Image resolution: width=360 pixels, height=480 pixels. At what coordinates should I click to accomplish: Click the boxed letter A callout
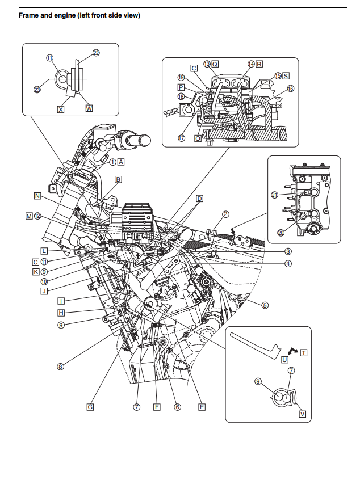pyautogui.click(x=121, y=161)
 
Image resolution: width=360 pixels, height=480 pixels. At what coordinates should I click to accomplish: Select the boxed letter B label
pyautogui.click(x=118, y=180)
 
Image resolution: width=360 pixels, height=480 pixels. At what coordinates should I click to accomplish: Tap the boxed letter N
pyautogui.click(x=37, y=196)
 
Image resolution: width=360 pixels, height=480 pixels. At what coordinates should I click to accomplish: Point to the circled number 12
pyautogui.click(x=37, y=216)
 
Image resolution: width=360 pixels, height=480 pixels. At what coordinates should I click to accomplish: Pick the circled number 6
pyautogui.click(x=177, y=407)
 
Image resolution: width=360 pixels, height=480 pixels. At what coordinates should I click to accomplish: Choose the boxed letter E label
pyautogui.click(x=202, y=407)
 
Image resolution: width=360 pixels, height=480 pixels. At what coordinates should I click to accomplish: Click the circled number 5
pyautogui.click(x=265, y=305)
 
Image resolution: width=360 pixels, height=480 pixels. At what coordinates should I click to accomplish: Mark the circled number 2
pyautogui.click(x=225, y=214)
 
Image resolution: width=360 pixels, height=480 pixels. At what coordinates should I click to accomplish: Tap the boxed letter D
pyautogui.click(x=199, y=199)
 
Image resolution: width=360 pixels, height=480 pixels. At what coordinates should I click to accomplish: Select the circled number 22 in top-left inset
pyautogui.click(x=96, y=53)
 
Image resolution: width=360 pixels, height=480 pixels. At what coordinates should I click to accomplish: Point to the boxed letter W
pyautogui.click(x=89, y=108)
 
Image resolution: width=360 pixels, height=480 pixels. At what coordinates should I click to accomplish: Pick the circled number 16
pyautogui.click(x=291, y=89)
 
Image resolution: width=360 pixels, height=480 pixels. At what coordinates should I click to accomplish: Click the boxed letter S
pyautogui.click(x=286, y=75)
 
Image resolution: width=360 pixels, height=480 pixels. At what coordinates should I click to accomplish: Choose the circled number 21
pyautogui.click(x=274, y=195)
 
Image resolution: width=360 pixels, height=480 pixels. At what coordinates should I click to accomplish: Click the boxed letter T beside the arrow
pyautogui.click(x=304, y=352)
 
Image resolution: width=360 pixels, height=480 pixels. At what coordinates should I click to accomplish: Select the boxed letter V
pyautogui.click(x=302, y=414)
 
